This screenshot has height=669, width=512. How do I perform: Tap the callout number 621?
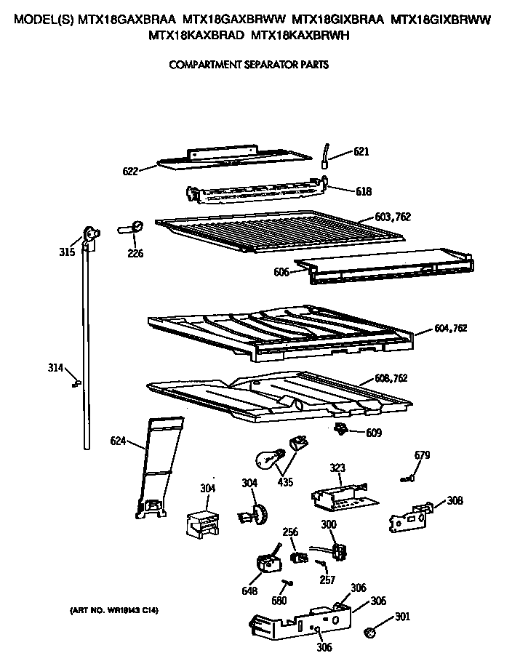click(361, 152)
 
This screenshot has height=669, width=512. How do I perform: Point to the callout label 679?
click(422, 455)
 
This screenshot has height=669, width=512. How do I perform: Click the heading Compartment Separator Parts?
click(249, 65)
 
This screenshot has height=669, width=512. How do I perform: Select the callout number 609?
click(372, 433)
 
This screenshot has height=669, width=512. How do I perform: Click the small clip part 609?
click(340, 429)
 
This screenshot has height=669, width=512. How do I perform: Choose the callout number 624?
click(119, 440)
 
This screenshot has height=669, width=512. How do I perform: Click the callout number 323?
click(337, 468)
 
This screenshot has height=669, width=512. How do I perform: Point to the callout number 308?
click(455, 500)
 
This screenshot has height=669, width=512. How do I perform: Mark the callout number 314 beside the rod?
click(56, 368)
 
